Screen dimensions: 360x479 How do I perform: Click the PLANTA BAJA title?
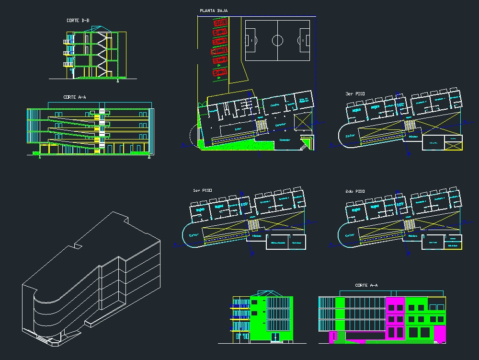coord(214,10)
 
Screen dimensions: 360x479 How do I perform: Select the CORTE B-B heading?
coord(78,21)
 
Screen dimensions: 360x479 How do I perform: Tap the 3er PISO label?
coord(355,94)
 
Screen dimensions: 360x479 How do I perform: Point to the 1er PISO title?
coord(202,191)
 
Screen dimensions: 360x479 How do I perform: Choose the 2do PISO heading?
coord(355,191)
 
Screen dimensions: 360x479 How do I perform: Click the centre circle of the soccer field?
coord(278,40)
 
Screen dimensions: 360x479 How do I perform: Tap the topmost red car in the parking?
coord(220,22)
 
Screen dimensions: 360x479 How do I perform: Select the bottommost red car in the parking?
coord(220,72)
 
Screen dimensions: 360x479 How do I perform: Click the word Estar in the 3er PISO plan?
coord(351,136)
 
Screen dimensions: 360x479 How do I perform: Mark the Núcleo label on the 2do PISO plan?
coord(412,236)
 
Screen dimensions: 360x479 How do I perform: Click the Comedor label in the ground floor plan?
coord(285,140)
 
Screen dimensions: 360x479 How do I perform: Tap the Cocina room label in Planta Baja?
coord(274,105)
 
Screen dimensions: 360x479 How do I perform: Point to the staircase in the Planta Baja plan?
coord(262,126)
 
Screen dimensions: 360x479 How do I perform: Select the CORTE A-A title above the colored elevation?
coord(366,286)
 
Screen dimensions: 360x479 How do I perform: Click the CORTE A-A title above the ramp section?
coord(75,97)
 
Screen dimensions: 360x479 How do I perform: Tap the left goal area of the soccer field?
coord(250,40)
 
